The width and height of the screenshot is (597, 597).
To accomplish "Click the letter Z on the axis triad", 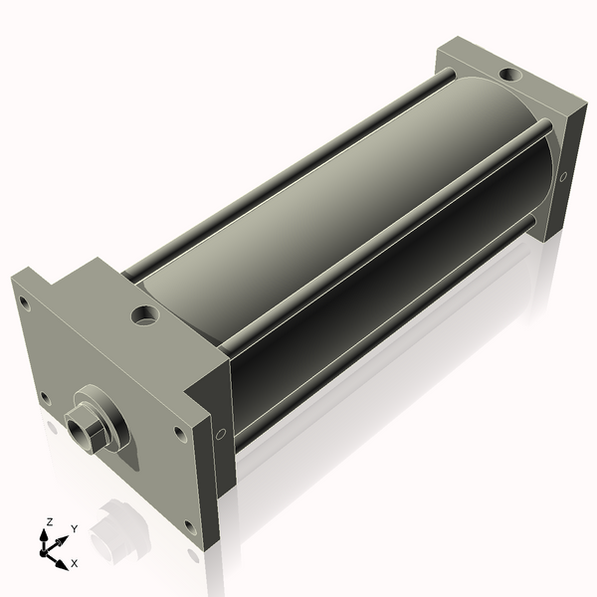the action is (49, 522).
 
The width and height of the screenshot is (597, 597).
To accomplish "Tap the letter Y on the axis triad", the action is (75, 529).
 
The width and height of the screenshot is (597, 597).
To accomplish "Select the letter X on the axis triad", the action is (75, 563).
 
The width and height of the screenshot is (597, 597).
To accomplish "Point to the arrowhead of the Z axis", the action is (44, 535).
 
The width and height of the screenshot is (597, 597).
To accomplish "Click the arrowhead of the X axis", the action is (62, 564).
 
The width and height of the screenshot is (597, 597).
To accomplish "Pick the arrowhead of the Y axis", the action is (63, 540).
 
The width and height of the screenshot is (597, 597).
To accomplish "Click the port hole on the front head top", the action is (145, 314).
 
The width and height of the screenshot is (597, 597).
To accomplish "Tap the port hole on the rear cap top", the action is (511, 75).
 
